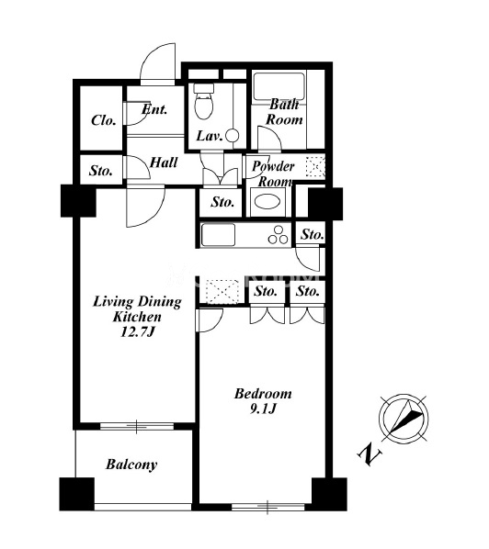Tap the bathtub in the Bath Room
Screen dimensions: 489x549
(279, 86)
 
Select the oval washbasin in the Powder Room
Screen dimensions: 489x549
(267, 202)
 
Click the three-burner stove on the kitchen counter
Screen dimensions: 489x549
(278, 235)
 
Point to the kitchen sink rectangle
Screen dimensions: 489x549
(218, 234)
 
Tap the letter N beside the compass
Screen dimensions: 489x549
(370, 454)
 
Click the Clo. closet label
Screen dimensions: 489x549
(104, 120)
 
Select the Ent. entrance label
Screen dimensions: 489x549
(154, 109)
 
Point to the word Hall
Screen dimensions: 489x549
(164, 162)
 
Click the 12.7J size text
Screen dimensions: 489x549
(137, 331)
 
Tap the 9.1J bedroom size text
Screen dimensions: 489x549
(263, 409)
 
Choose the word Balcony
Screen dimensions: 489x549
(131, 465)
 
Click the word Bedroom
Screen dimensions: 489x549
(263, 394)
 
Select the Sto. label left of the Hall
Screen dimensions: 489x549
(101, 171)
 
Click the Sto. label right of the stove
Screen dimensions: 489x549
(312, 234)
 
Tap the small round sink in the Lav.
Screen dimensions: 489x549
(232, 136)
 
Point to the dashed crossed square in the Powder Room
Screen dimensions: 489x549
(315, 166)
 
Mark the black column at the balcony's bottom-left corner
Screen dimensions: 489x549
(77, 494)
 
